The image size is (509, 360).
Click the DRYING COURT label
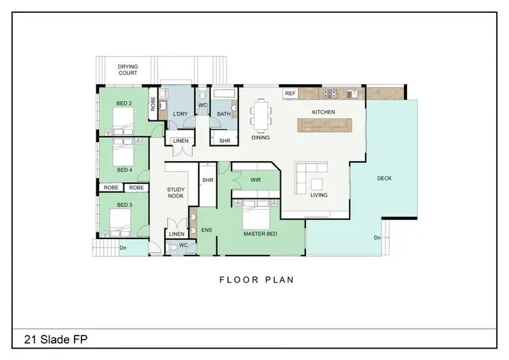[x=128, y=69]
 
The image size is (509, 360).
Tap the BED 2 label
[x=124, y=103]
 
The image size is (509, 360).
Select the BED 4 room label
[x=124, y=170]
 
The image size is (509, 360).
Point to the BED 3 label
[x=124, y=204]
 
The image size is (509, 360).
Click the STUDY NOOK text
[x=176, y=193]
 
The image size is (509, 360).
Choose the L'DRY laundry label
[x=180, y=113]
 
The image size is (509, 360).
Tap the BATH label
[x=224, y=113]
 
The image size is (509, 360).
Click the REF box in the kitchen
[x=290, y=94]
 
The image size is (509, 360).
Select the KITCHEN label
[x=324, y=111]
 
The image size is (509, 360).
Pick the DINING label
[x=261, y=138]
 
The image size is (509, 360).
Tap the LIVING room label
[x=318, y=195]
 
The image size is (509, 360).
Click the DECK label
[x=383, y=179]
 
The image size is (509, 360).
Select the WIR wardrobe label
[x=255, y=181]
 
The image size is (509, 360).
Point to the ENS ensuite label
[x=206, y=230]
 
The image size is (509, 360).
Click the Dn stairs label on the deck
[x=377, y=238]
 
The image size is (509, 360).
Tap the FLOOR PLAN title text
[x=256, y=278]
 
